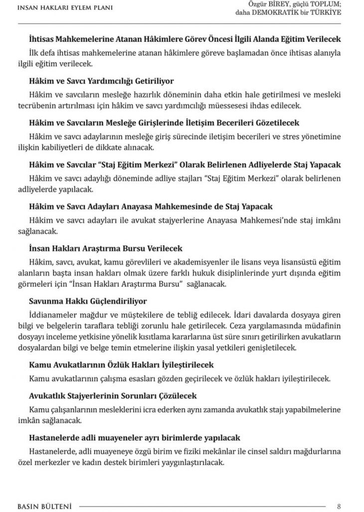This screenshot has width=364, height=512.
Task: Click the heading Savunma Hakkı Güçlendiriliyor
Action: (88, 301)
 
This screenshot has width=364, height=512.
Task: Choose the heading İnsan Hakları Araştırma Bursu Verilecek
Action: (106, 248)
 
